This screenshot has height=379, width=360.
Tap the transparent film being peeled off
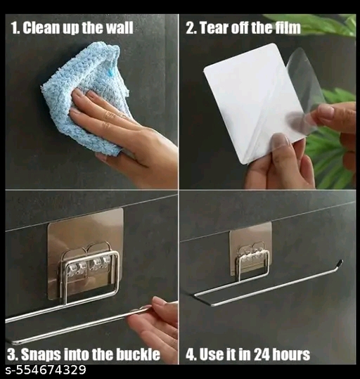[302, 92]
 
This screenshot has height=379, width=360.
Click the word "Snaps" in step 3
[39, 355]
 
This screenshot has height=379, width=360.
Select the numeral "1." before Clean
[16, 28]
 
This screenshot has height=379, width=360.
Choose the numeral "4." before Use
[190, 354]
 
